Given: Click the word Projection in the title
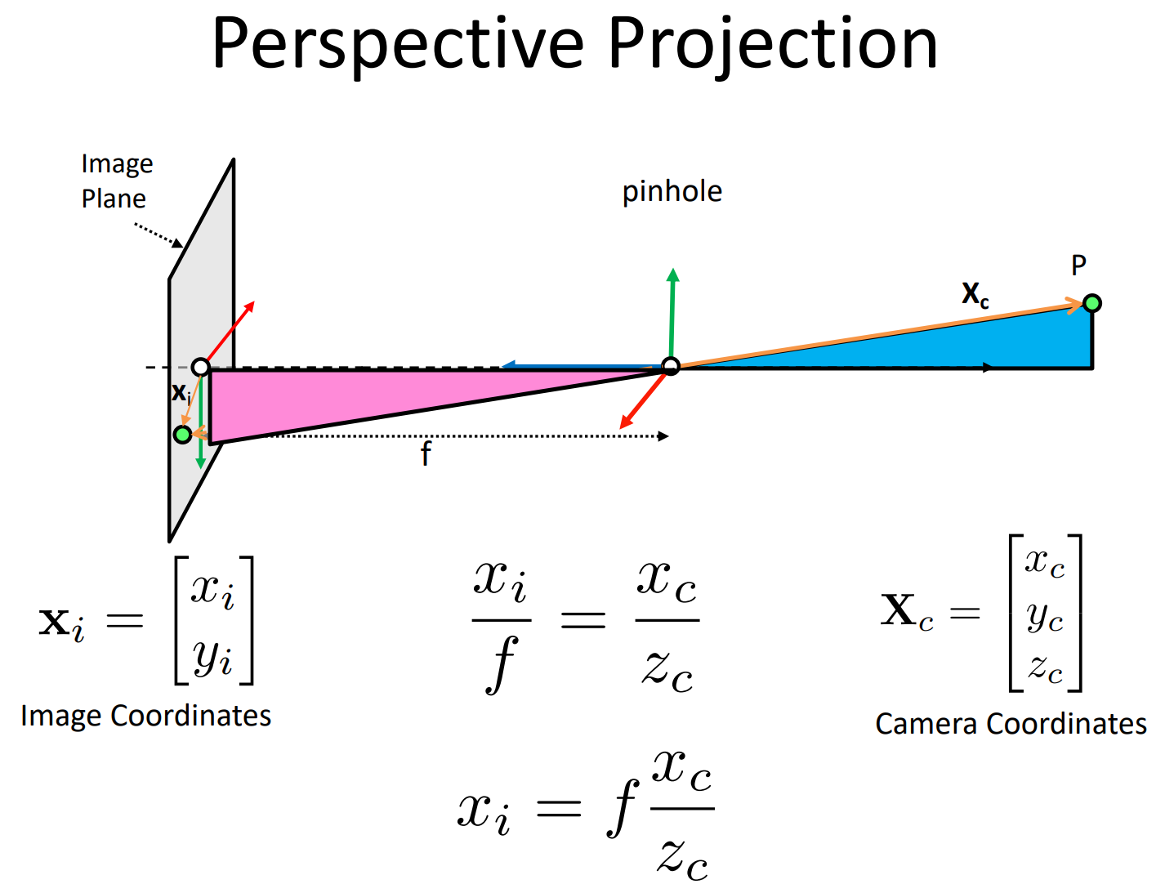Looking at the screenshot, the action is click(772, 44).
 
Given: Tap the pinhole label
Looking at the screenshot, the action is click(672, 192).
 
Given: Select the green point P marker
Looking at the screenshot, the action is click(1091, 303).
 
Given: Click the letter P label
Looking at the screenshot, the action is click(1078, 266).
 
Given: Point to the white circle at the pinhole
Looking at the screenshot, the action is click(671, 366).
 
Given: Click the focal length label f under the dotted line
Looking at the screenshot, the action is click(426, 454).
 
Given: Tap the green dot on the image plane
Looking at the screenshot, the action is click(183, 434).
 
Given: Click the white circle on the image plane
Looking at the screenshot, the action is click(200, 367).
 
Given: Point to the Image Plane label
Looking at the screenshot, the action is click(116, 181).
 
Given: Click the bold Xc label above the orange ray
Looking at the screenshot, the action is click(975, 293).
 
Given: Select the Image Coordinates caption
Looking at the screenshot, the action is click(145, 716).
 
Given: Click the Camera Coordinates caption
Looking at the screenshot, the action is click(1011, 724).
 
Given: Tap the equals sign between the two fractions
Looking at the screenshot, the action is click(582, 620).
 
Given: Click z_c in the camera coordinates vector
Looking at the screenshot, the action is click(1045, 668).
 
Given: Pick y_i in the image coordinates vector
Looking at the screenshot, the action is click(213, 657).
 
